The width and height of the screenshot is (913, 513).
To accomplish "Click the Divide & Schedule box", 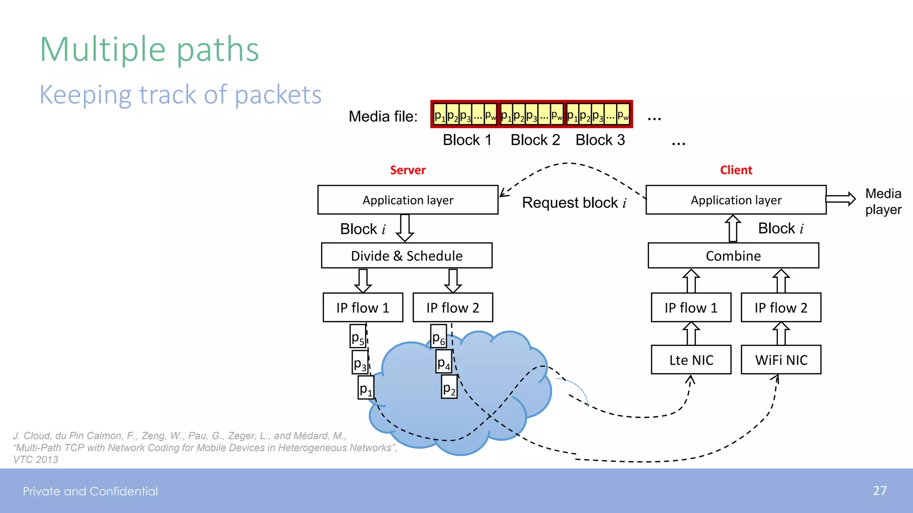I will [x=407, y=256].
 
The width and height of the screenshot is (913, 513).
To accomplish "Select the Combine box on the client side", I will [x=733, y=256].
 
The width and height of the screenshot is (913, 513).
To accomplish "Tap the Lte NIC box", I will [x=691, y=360].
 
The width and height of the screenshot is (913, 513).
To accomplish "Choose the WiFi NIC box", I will [x=781, y=360].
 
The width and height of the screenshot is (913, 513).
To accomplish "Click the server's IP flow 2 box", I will [x=452, y=308].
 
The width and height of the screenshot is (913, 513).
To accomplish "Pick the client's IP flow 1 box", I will [x=691, y=308].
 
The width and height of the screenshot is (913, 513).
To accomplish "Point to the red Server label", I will [x=407, y=170].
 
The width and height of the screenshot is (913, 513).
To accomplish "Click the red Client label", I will [x=736, y=170].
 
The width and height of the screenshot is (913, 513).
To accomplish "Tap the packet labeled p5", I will [x=358, y=337].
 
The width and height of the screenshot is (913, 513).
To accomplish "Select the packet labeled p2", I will [x=449, y=387].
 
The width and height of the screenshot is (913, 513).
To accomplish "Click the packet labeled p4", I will [x=444, y=362].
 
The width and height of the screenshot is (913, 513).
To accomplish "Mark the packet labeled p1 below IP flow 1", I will [x=366, y=388].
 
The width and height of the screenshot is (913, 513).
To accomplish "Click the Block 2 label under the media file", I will [x=535, y=140].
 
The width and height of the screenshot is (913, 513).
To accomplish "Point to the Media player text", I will [x=883, y=201].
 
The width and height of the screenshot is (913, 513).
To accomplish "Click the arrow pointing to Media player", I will [x=840, y=199].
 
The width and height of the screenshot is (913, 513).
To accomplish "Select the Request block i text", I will [x=574, y=203].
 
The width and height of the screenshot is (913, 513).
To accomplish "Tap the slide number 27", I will [x=879, y=491].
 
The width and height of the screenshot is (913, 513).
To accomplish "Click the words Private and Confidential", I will [x=90, y=491].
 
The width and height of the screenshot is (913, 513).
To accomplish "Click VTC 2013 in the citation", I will [x=36, y=460].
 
